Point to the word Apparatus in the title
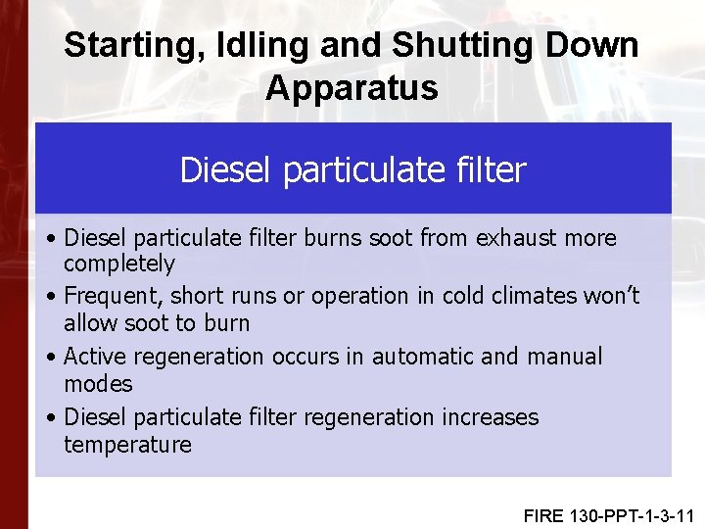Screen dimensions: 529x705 [x=352, y=88]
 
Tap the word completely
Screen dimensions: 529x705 [x=119, y=264]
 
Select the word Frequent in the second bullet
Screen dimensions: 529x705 [x=108, y=296]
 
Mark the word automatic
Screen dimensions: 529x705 [x=420, y=357]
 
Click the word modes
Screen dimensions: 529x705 [x=98, y=383]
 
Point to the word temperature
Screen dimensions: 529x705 [x=127, y=445]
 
